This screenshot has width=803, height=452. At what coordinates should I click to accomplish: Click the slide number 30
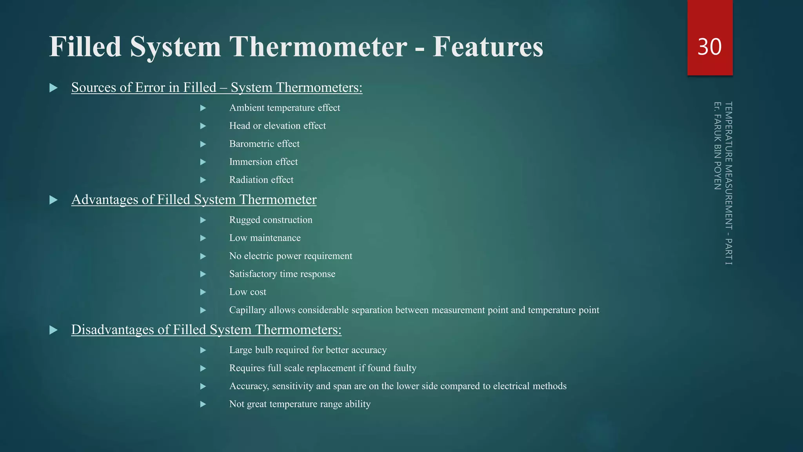[709, 47]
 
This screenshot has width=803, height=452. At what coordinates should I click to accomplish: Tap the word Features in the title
[488, 47]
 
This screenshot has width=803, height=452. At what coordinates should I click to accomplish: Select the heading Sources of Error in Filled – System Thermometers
[216, 87]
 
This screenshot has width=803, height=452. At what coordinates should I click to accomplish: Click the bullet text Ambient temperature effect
[284, 108]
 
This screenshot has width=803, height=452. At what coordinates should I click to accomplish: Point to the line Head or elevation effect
[277, 126]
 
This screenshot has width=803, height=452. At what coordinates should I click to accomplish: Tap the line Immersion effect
[263, 162]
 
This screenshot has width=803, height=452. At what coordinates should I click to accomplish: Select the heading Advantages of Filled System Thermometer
[194, 200]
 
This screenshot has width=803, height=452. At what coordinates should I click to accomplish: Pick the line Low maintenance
[265, 238]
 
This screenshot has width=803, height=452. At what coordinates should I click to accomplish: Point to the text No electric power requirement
[291, 256]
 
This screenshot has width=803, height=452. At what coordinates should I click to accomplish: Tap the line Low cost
[247, 292]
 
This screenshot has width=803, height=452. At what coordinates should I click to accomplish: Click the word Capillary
[248, 310]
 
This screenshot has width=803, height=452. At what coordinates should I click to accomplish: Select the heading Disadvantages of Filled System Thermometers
[206, 330]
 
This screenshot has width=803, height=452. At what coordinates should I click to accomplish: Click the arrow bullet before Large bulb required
[203, 350]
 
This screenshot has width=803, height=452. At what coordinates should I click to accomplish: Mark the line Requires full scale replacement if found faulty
[323, 368]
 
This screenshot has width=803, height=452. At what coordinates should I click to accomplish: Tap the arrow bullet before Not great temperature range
[203, 405]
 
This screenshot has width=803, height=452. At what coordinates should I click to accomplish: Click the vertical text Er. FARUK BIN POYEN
[718, 146]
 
